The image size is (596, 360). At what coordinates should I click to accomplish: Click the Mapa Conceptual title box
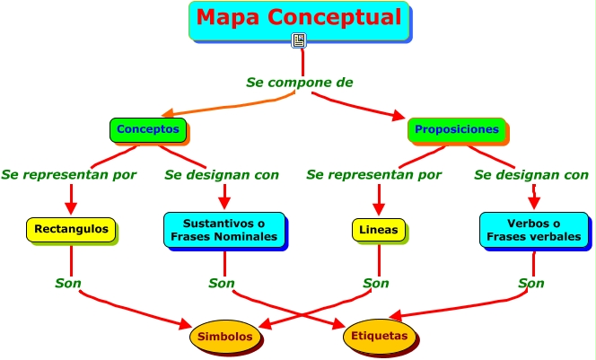(x=299, y=21)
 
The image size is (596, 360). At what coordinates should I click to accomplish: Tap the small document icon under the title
(x=299, y=40)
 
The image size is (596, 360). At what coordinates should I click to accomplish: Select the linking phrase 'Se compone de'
(x=300, y=82)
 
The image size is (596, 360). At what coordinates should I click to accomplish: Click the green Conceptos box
(x=148, y=129)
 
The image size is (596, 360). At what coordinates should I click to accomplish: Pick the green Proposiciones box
(x=457, y=129)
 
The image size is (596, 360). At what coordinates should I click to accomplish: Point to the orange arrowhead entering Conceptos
(x=168, y=112)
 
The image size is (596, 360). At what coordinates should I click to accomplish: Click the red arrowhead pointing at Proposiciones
(x=399, y=116)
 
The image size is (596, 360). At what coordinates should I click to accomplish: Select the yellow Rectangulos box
(x=71, y=229)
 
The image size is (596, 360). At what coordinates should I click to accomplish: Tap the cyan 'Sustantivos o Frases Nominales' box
(x=224, y=230)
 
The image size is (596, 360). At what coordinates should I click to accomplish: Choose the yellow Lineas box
(x=379, y=230)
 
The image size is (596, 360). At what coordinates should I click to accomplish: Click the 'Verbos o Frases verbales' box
(x=534, y=230)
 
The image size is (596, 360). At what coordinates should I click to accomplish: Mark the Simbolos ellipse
(x=225, y=337)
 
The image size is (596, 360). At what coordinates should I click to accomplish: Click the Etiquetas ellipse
(x=380, y=336)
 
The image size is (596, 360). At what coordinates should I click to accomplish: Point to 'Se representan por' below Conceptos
(x=69, y=175)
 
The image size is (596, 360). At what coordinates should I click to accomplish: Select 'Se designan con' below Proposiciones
(x=531, y=175)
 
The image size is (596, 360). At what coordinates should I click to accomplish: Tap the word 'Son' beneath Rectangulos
(x=68, y=283)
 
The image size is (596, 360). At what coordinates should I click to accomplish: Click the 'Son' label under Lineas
(x=376, y=283)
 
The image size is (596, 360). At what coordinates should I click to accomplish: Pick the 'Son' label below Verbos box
(x=531, y=283)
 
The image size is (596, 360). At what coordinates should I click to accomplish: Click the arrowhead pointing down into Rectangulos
(x=71, y=208)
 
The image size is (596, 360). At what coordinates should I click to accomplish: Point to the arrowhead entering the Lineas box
(x=379, y=209)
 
